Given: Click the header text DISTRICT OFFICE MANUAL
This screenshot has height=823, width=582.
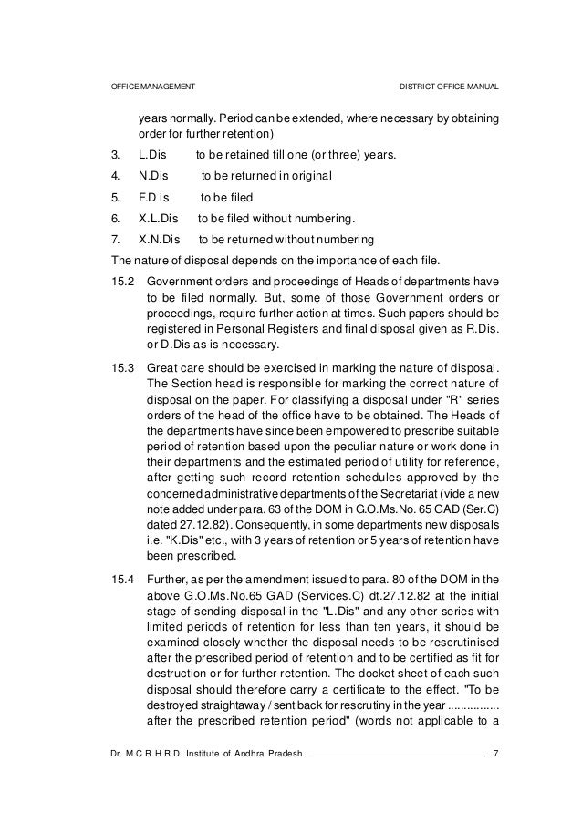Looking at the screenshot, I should coord(449,87).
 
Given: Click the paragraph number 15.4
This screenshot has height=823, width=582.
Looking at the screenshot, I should coord(122,581).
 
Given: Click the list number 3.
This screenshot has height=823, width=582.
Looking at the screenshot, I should coord(112,156).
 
